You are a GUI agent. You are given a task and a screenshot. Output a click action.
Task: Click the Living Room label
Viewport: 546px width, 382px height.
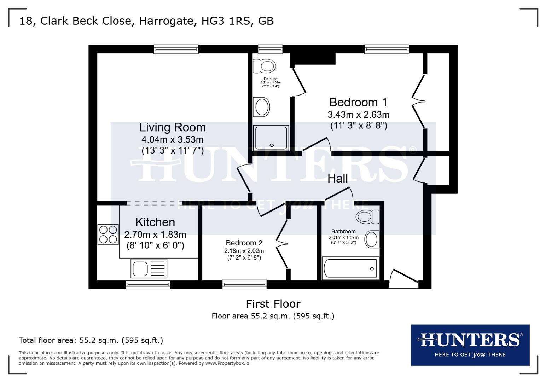tap(172, 127)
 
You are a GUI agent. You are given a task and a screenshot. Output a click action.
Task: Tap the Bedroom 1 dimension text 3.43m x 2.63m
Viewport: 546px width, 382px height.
tap(358, 115)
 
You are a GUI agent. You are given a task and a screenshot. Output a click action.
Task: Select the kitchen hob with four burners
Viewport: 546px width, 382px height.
tap(108, 235)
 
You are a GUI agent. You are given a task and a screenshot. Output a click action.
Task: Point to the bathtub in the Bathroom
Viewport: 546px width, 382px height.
tap(350, 269)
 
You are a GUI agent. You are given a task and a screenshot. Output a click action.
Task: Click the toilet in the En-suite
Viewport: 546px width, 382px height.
tap(265, 66)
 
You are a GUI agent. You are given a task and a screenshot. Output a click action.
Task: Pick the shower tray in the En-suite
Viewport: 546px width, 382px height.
tap(271, 138)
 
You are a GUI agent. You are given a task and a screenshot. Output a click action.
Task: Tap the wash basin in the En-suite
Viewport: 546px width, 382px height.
tap(262, 106)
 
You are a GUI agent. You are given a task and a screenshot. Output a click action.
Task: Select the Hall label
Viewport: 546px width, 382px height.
tap(337, 179)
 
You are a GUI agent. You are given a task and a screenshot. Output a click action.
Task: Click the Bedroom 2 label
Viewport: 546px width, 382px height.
tap(244, 243)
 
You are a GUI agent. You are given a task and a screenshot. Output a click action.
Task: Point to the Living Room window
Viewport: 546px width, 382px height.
tap(176, 49)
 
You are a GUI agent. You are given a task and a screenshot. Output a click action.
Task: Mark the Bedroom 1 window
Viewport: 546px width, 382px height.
tap(387, 49)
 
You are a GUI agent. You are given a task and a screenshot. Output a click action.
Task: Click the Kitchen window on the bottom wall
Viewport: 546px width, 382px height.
tap(148, 284)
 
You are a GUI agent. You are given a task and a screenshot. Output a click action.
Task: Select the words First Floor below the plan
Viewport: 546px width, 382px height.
tap(273, 304)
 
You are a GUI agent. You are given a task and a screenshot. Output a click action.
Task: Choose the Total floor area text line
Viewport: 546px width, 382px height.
tap(91, 340)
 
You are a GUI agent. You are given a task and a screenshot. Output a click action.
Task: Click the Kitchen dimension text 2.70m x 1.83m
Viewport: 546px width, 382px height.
tap(155, 234)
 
